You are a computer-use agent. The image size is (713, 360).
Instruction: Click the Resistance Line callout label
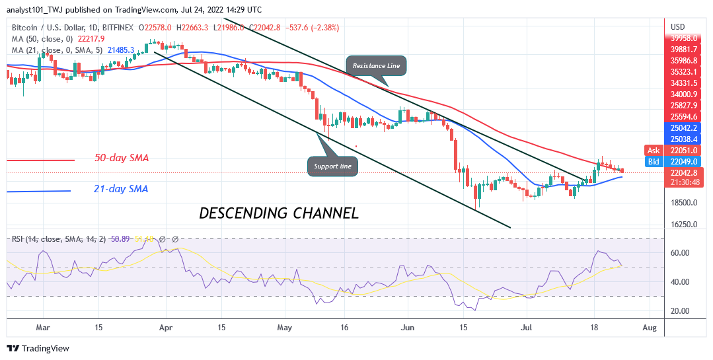(375, 66)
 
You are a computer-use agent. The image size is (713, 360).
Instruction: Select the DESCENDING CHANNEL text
(279, 213)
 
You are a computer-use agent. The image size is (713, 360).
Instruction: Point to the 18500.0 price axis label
(685, 203)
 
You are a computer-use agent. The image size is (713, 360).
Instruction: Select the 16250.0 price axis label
(685, 225)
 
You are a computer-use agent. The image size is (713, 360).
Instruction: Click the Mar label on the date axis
(42, 327)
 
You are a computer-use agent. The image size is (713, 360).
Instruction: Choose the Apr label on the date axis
(165, 327)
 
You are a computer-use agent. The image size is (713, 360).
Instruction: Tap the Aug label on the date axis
(650, 327)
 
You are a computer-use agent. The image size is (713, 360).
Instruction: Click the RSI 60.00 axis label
(681, 253)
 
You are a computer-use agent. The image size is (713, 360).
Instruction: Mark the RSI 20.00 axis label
(681, 311)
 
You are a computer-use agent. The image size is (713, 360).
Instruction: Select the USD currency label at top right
(677, 26)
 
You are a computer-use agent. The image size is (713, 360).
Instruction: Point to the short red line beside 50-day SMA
(40, 161)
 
